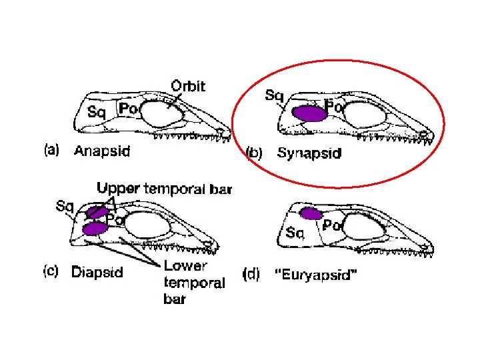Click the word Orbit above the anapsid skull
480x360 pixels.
click(189, 86)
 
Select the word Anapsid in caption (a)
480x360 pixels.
click(102, 151)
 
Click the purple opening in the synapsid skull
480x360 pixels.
click(309, 113)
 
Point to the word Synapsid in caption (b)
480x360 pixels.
click(309, 153)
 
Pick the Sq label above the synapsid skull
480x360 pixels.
click(273, 95)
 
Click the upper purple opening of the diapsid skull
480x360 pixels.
click(96, 213)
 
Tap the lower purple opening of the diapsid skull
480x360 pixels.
click(95, 229)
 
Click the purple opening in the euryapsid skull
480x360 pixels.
click(311, 214)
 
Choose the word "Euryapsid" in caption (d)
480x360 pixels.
click(317, 274)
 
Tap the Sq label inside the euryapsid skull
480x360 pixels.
click(295, 233)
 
